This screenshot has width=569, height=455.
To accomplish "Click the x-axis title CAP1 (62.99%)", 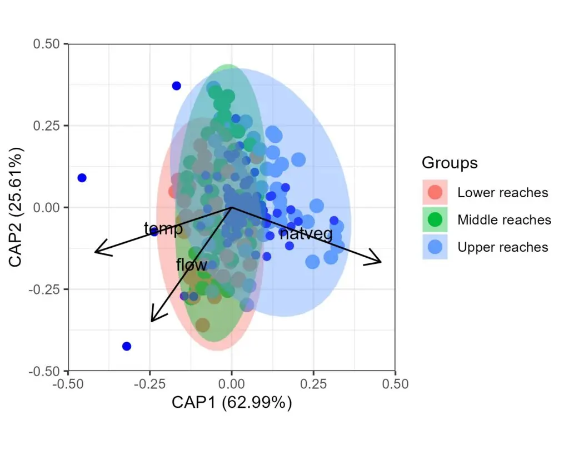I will (x=231, y=403).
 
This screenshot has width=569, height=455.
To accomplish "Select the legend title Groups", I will (x=450, y=163).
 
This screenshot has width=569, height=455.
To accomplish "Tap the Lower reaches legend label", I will (x=502, y=193).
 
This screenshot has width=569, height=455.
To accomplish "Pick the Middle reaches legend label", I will (x=504, y=220).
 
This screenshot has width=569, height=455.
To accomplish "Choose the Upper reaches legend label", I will (x=502, y=247).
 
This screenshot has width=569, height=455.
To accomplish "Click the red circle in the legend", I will (x=435, y=192).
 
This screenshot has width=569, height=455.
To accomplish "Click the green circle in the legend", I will (x=435, y=220).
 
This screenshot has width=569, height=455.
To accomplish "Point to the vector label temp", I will (x=163, y=229).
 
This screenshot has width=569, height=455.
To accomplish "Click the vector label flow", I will (x=191, y=265).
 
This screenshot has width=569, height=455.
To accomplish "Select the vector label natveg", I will (x=306, y=234).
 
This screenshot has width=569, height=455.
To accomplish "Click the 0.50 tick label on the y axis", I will (x=48, y=44).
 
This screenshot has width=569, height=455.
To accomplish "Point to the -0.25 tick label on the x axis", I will (x=149, y=384).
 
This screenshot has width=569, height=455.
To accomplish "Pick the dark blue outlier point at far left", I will (x=82, y=178).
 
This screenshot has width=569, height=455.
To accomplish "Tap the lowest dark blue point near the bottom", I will (x=127, y=346).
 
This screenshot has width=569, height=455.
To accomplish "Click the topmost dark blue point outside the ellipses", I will (x=176, y=86).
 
